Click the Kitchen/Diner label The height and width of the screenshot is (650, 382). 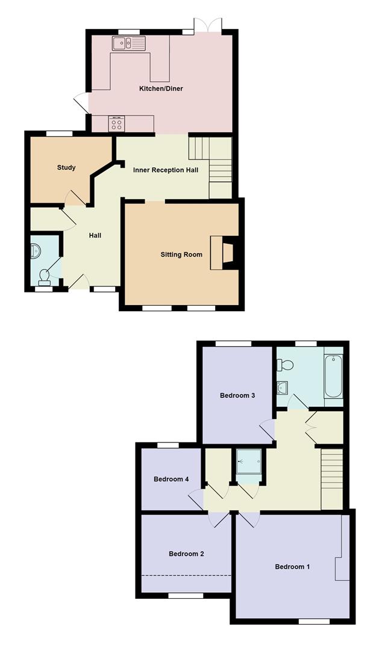[161, 88]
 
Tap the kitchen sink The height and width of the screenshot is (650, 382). [129, 43]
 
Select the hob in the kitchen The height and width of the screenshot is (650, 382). [116, 123]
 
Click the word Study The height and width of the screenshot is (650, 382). [66, 167]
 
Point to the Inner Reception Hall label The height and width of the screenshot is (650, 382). [166, 170]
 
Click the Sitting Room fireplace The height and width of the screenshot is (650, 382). [224, 253]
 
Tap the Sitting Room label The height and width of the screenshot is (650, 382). [181, 254]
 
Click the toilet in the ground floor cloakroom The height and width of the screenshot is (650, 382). [44, 277]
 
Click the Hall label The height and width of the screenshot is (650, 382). [95, 235]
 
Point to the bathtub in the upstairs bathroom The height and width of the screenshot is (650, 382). [333, 376]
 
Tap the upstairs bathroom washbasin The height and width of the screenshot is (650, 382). [283, 388]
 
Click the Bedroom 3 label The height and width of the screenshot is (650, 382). [237, 395]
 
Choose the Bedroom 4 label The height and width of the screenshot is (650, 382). [172, 479]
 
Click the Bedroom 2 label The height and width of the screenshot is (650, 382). [186, 554]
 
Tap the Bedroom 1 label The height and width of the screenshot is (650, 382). [292, 567]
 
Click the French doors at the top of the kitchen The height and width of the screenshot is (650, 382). [208, 25]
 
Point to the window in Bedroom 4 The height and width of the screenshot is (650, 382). [168, 445]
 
